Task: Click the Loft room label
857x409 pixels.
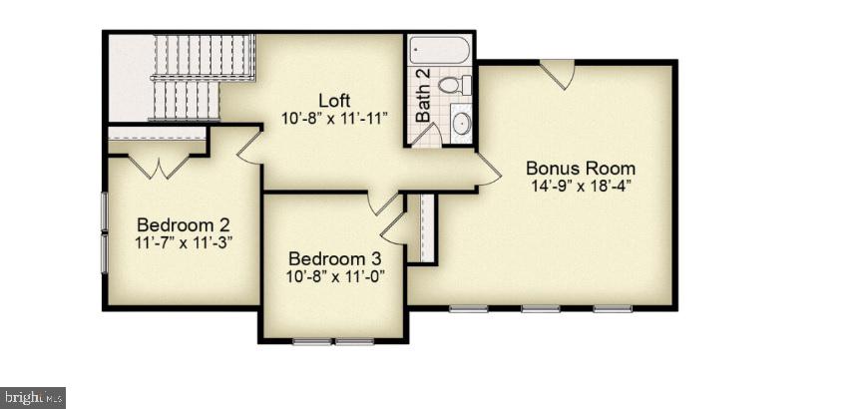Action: click(x=335, y=101)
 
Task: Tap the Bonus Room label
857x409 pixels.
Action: click(x=581, y=168)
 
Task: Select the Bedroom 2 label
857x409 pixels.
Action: click(x=184, y=224)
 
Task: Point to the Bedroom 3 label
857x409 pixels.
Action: click(x=335, y=258)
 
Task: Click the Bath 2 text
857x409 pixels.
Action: click(x=423, y=95)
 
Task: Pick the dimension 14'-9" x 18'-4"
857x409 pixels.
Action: click(x=581, y=186)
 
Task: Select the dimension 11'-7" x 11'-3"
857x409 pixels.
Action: click(x=184, y=242)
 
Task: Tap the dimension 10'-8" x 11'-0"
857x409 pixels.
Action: click(x=335, y=275)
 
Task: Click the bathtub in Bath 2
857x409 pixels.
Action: click(x=440, y=50)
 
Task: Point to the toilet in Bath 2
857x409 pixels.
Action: click(x=455, y=85)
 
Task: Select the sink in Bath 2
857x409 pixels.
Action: click(x=461, y=123)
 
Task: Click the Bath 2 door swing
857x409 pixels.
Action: click(x=427, y=135)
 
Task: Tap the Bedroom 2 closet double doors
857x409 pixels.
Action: click(x=159, y=167)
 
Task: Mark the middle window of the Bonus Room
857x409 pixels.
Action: click(x=540, y=308)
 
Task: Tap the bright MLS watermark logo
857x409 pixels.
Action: click(x=33, y=397)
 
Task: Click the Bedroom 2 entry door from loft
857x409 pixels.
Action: click(x=249, y=145)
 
